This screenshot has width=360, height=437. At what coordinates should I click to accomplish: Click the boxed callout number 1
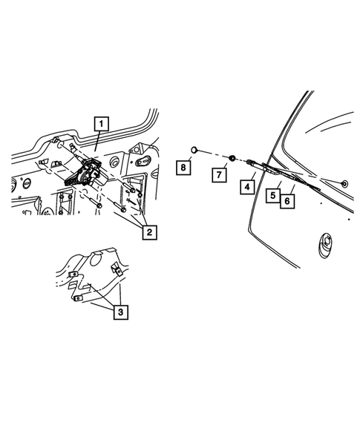101,124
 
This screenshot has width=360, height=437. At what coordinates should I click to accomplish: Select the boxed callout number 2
149,232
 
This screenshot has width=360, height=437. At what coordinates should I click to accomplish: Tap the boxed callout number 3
120,312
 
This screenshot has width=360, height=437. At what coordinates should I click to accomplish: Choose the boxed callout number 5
273,196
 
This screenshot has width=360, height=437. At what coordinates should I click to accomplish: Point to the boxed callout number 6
287,200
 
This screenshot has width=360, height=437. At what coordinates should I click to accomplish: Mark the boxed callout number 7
219,175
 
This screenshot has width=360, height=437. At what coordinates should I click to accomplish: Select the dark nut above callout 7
232,158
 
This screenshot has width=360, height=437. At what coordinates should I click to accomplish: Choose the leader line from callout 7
226,165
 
